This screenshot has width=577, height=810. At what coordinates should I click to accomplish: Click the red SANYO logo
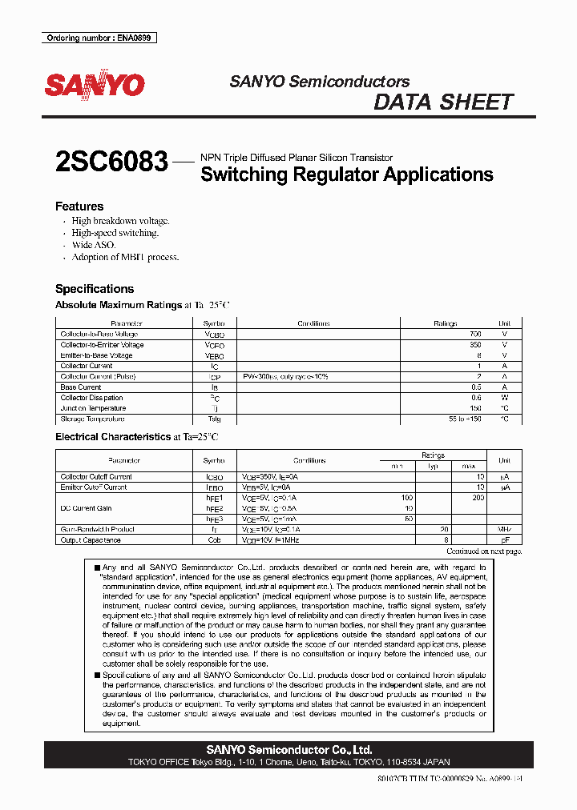coord(95,86)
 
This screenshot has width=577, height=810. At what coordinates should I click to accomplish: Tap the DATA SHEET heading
coord(443,102)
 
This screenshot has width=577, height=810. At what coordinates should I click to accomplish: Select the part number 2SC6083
coord(111,162)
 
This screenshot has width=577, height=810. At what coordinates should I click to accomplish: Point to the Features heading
coord(79,207)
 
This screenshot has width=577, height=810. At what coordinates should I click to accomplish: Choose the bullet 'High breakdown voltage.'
coord(120,221)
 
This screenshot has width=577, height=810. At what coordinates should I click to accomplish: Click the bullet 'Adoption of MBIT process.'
coord(125,258)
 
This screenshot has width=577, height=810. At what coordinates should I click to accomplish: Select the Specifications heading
coord(95,289)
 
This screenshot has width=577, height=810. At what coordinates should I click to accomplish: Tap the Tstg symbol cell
coord(214,419)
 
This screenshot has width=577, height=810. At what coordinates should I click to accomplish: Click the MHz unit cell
coord(505,530)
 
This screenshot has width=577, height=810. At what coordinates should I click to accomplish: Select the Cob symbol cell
coord(214,540)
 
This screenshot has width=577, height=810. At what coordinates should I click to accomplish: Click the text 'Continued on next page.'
coord(483,551)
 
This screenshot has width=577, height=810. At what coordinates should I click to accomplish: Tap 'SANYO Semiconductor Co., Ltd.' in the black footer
coord(288,750)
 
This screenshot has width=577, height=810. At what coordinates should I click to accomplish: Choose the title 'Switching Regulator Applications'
coord(347,174)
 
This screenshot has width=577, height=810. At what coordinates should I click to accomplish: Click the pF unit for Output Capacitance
coord(505,540)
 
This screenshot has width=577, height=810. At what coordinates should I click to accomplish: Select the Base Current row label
coord(81,387)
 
